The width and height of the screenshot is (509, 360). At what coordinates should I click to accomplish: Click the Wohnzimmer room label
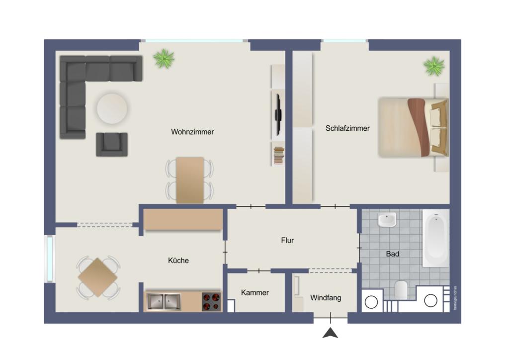(x=192, y=132)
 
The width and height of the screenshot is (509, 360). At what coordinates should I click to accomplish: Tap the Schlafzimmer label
(x=347, y=128)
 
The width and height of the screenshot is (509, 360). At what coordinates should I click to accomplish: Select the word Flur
(x=287, y=240)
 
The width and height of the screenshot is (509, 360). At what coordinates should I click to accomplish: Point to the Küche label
(x=178, y=261)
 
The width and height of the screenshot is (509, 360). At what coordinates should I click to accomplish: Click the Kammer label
(x=255, y=292)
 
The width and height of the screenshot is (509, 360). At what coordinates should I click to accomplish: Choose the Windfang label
(x=326, y=298)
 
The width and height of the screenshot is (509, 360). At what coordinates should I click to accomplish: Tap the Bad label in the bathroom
(x=393, y=254)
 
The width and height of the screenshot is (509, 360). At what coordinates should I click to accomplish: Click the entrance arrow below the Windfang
(x=331, y=333)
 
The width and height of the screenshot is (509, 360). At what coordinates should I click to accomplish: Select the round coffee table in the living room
(x=112, y=109)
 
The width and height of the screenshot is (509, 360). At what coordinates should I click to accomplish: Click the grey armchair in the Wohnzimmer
(x=112, y=144)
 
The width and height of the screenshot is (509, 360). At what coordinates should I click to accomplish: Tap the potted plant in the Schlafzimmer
(x=434, y=67)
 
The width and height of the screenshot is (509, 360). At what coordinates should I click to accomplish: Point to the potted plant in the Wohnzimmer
(x=164, y=59)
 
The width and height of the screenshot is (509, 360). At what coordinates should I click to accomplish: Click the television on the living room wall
(x=278, y=114)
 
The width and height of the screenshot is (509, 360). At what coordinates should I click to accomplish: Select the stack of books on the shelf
(x=279, y=156)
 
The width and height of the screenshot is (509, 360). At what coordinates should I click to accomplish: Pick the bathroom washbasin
(x=387, y=220)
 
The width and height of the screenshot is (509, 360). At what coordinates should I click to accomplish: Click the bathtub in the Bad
(x=435, y=238)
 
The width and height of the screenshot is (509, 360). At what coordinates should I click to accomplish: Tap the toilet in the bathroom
(x=401, y=290)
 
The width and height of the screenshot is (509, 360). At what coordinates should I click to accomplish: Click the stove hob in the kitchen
(x=211, y=302)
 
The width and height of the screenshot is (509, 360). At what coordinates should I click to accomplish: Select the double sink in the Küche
(x=164, y=301)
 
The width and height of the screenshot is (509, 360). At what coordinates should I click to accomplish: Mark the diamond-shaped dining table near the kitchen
(x=98, y=277)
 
